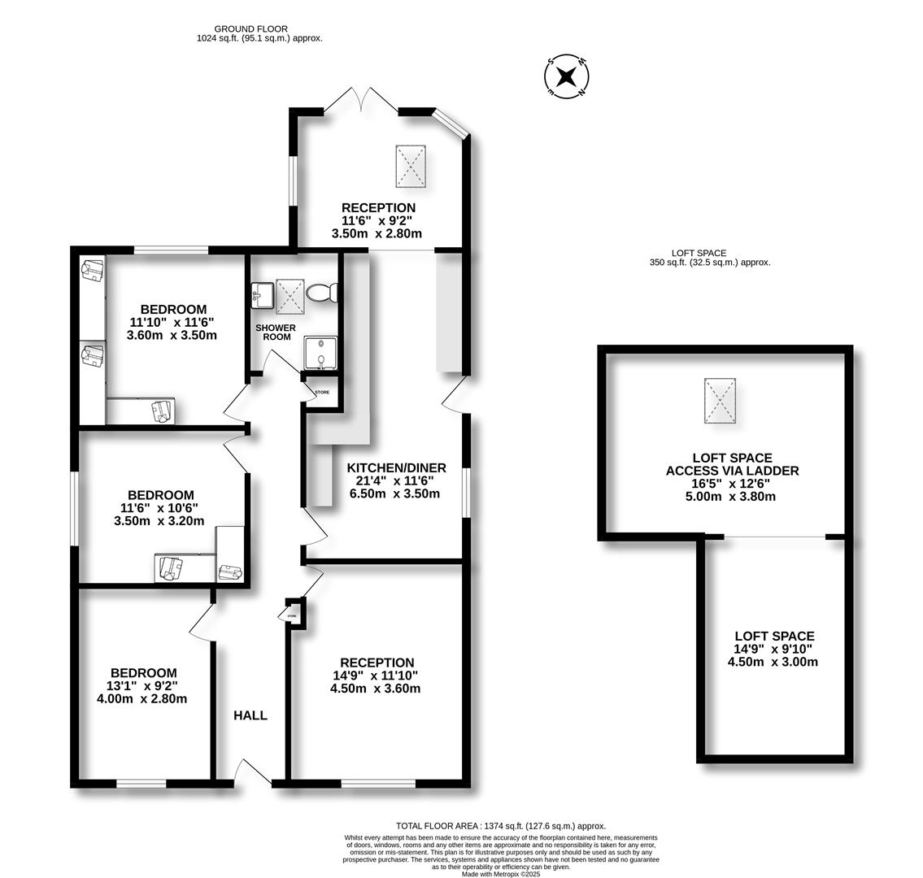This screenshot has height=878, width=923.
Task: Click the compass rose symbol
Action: [x=567, y=77]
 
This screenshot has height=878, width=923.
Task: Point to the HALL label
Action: [x=250, y=715]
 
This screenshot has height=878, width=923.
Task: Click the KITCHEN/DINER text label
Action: [x=396, y=467]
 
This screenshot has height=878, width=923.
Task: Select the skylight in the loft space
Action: [x=720, y=402]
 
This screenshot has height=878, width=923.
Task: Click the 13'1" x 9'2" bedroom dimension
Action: [x=143, y=685]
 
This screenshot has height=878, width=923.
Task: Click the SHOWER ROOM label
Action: [x=276, y=333]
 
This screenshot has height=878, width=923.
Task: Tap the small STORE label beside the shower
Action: [x=322, y=393]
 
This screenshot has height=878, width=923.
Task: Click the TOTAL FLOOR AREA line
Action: [x=500, y=825]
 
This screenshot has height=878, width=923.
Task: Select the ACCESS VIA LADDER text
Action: [x=732, y=471]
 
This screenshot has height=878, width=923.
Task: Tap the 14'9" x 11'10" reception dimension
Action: [x=377, y=676]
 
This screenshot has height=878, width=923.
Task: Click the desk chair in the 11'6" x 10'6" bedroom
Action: [x=171, y=566]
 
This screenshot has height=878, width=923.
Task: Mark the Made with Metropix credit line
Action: [x=500, y=874]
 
